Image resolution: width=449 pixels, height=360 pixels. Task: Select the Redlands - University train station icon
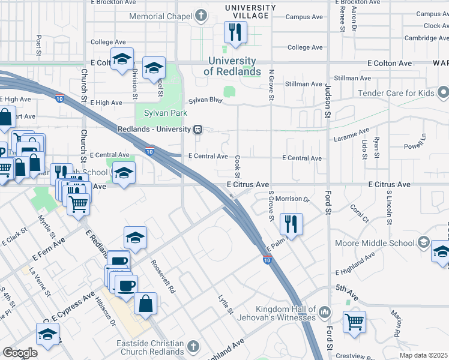[197, 129]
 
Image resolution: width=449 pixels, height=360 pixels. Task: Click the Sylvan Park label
[166, 113]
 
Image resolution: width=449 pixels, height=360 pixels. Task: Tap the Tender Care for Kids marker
[444, 93]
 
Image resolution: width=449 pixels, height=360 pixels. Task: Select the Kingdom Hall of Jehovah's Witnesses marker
[325, 312]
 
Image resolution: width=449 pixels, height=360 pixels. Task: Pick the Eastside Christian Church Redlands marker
[193, 346]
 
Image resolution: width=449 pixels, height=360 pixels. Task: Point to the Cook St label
[238, 166]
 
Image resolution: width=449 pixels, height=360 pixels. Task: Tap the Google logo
[20, 353]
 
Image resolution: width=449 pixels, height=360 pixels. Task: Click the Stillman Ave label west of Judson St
[304, 85]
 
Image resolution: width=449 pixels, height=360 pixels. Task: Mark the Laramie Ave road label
[352, 136]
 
